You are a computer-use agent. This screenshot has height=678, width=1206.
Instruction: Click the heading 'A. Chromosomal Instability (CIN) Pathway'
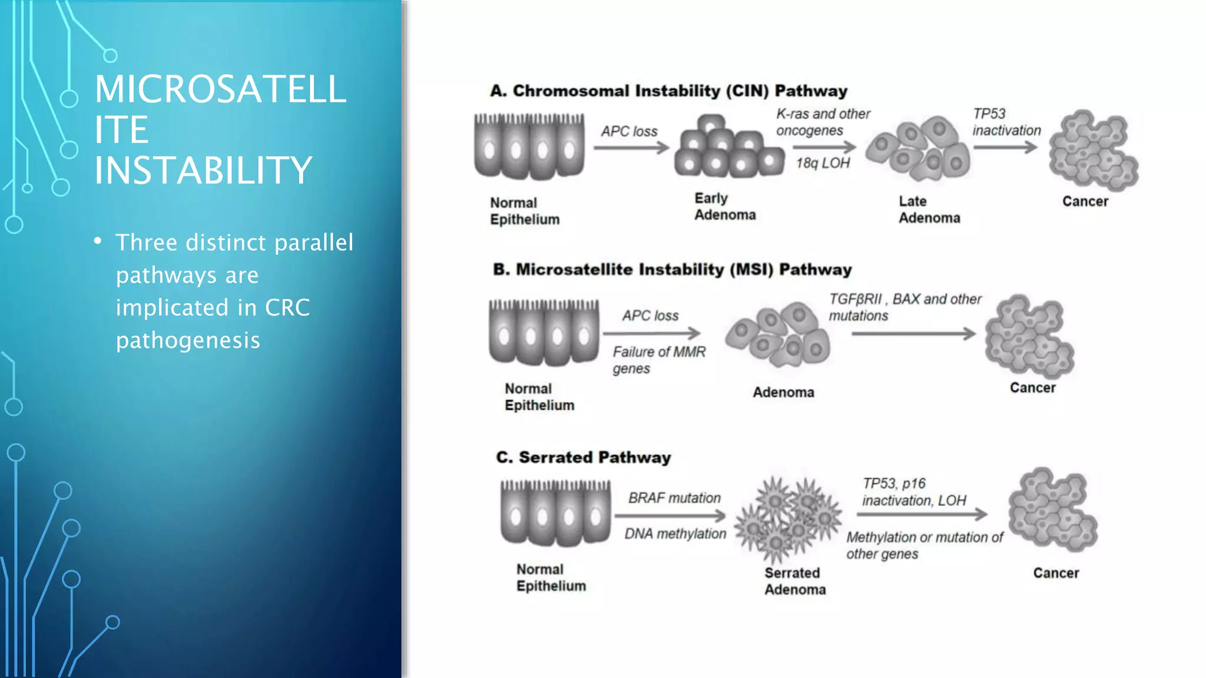[668, 91]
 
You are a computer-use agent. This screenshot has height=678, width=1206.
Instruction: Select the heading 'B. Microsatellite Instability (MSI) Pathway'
[672, 270]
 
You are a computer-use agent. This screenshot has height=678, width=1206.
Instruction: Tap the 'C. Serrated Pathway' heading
[583, 457]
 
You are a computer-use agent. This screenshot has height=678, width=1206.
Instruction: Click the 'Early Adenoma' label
[724, 207]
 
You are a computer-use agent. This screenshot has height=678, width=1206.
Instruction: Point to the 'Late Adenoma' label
[929, 210]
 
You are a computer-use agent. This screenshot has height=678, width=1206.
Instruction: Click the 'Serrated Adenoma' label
[794, 581]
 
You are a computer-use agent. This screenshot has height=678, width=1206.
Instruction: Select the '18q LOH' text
[823, 163]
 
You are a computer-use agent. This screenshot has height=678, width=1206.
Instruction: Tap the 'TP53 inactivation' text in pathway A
[1006, 122]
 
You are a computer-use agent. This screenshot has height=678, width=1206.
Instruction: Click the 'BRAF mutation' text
[674, 498]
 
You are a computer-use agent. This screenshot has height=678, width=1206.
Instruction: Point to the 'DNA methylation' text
[675, 534]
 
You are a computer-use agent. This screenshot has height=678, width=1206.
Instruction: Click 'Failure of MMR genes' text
[658, 360]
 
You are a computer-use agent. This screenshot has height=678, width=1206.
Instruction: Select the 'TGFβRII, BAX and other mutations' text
[904, 307]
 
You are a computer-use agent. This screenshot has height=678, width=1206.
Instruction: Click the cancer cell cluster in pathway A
[1093, 151]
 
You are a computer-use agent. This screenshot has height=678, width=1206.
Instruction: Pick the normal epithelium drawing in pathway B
[544, 333]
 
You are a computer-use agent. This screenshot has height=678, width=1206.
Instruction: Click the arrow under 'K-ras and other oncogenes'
[823, 147]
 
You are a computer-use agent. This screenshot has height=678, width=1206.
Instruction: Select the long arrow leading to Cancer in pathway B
[913, 334]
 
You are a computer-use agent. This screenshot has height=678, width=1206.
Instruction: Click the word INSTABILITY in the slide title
[203, 171]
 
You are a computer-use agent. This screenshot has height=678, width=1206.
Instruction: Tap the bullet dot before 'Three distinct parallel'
[98, 241]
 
